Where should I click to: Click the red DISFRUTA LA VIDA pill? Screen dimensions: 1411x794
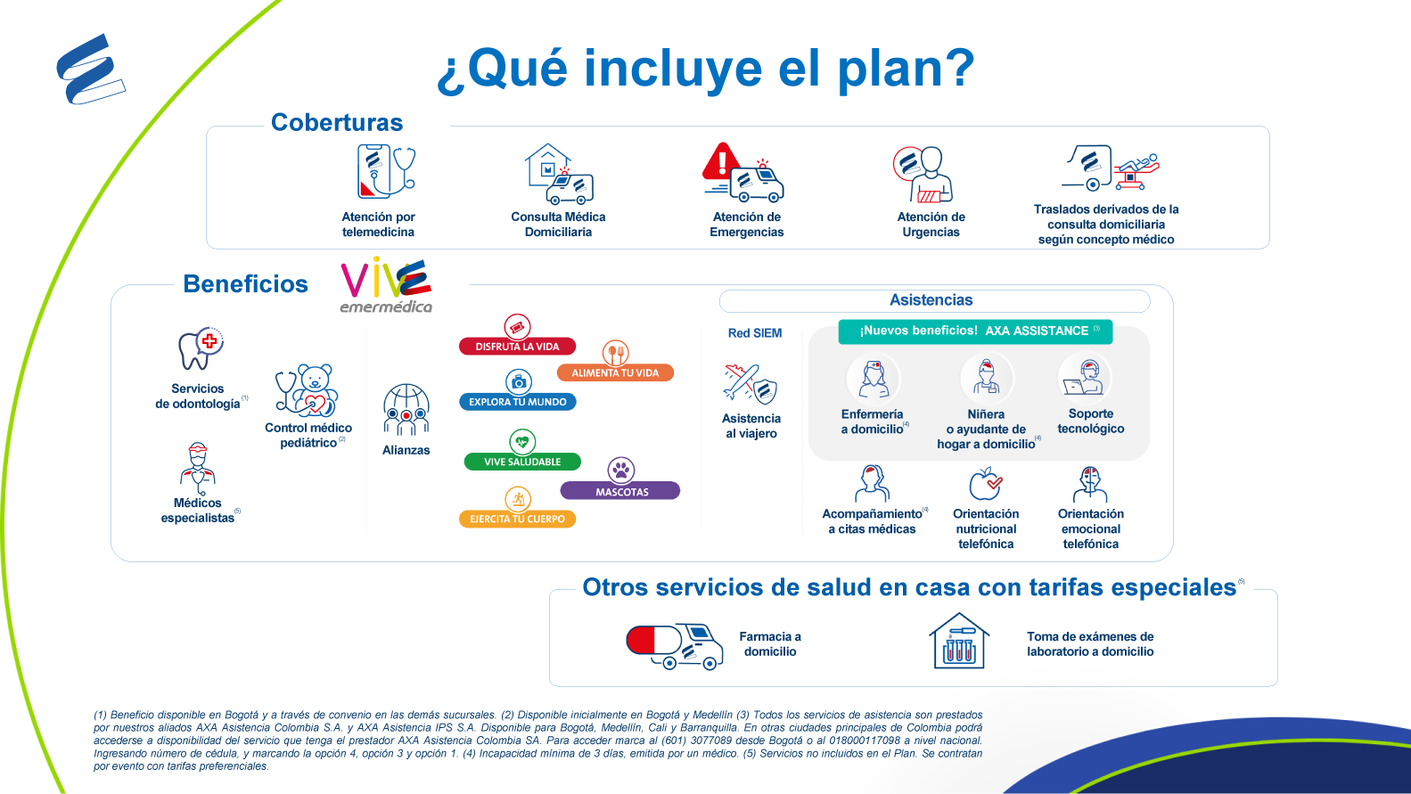pos(517,347)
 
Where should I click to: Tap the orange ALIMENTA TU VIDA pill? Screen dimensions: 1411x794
pos(615,372)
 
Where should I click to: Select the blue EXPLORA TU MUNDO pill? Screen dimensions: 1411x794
pos(517,402)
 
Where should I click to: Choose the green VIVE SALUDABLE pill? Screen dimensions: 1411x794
pos(522,462)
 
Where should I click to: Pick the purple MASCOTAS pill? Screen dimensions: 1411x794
pos(620,491)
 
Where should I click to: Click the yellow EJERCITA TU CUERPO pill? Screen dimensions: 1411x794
pos(517,519)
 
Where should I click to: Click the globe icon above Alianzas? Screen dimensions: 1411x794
pos(406,409)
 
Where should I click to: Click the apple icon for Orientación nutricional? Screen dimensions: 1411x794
pos(985,484)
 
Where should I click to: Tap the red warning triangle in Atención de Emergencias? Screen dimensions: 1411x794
pos(723,161)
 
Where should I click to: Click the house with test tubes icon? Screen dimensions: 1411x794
pos(959,641)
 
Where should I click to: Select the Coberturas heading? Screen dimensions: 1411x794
pos(336,122)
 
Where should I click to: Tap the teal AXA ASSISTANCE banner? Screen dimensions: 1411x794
pos(975,332)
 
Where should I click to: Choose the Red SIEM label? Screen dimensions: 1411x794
pos(755,333)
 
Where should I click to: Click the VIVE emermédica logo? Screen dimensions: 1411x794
pos(386,284)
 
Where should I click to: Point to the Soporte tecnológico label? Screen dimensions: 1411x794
pos(1090,422)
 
